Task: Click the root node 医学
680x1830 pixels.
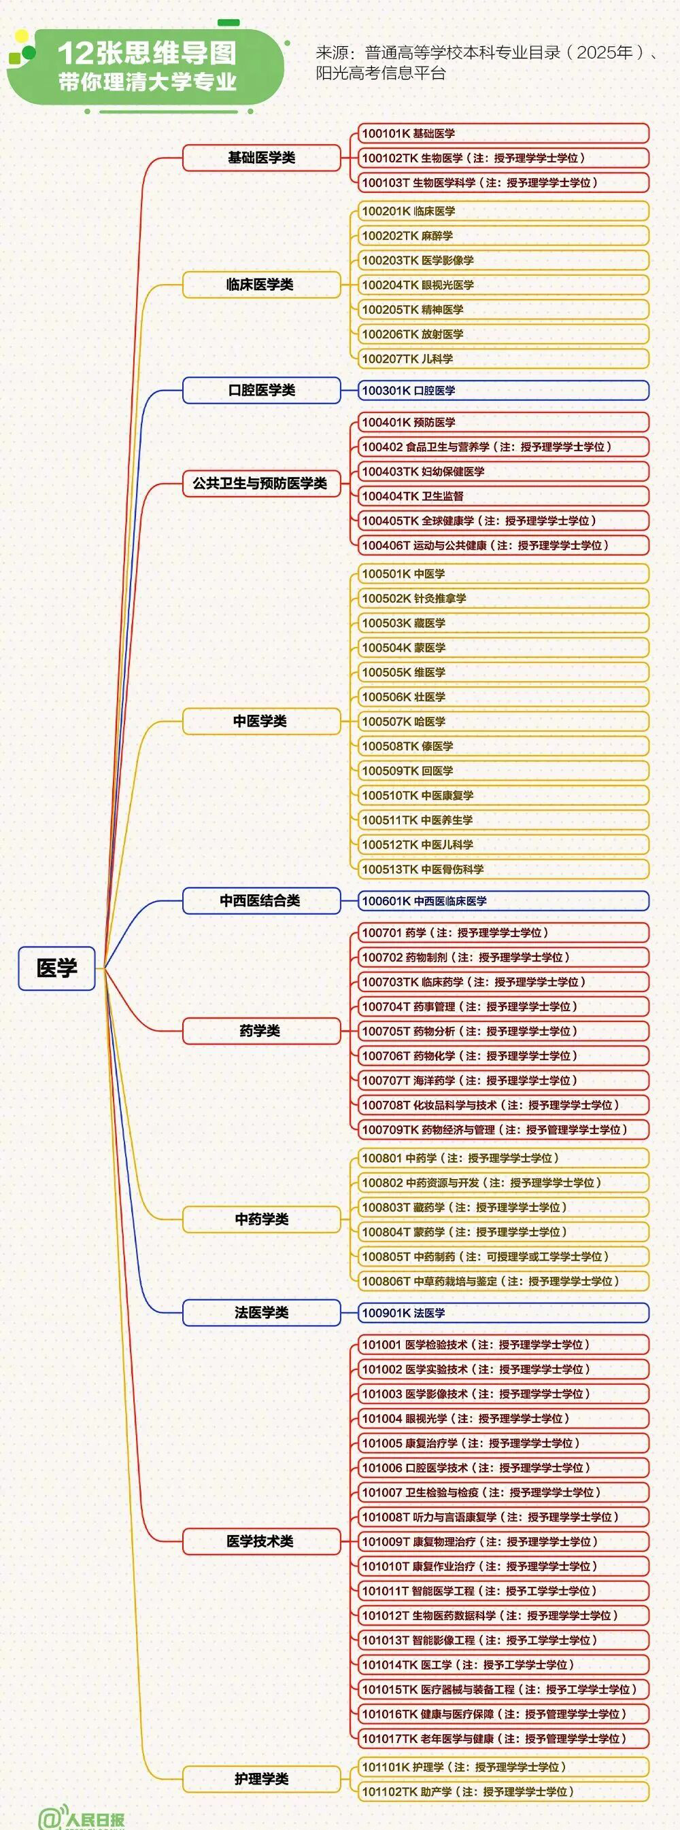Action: [57, 968]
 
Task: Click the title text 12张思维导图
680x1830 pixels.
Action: [146, 52]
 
